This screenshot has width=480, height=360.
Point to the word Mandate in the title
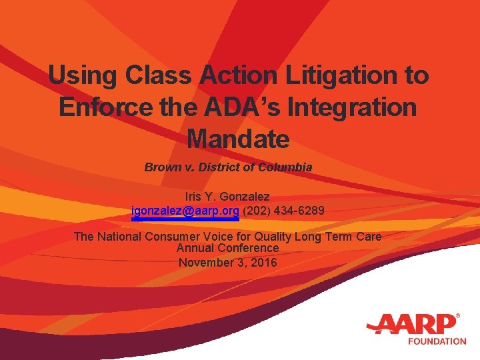click(239, 139)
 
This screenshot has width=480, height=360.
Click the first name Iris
click(194, 197)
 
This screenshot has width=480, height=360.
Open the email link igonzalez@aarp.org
click(185, 211)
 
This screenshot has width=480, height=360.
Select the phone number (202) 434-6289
click(284, 211)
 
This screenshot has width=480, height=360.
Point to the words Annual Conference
click(227, 248)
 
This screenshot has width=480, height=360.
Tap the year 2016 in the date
click(263, 262)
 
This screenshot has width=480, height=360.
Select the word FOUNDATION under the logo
click(437, 341)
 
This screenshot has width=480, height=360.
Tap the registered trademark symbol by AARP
click(457, 315)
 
